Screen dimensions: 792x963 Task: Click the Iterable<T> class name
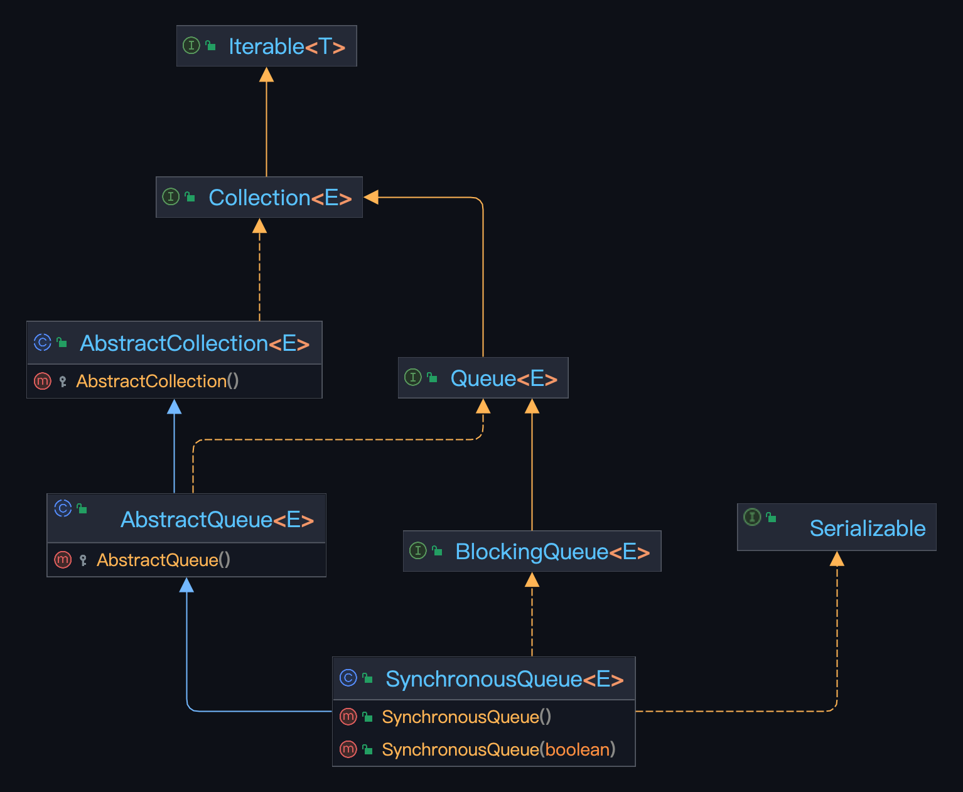[287, 46]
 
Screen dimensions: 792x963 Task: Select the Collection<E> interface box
[259, 198]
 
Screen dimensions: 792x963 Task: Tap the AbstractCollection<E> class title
[195, 343]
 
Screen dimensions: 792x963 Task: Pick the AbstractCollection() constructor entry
[158, 381]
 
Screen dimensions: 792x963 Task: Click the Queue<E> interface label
[503, 378]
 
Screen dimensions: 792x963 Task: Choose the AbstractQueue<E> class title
[217, 520]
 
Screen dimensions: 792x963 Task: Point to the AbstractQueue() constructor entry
[163, 560]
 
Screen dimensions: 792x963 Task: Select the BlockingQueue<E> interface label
[552, 552]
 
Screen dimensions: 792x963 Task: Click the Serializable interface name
[867, 528]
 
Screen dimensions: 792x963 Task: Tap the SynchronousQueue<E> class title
[504, 679]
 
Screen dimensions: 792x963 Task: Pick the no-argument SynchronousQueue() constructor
[466, 717]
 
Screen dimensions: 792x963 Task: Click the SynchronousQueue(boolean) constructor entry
[498, 749]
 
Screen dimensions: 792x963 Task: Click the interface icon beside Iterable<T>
[191, 45]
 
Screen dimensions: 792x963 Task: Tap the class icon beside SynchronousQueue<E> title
[348, 678]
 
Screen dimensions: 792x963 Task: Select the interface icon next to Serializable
[752, 516]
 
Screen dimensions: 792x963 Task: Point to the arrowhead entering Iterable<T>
[266, 75]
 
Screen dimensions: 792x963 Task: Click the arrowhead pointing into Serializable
[837, 559]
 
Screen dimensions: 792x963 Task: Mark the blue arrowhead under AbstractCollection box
[175, 407]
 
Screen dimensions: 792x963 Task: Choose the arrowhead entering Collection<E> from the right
[371, 197]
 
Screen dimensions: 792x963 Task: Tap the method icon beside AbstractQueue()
[63, 559]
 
